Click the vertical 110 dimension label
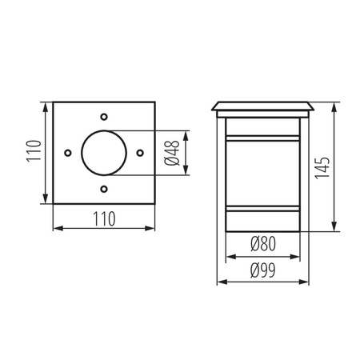(33, 152)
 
